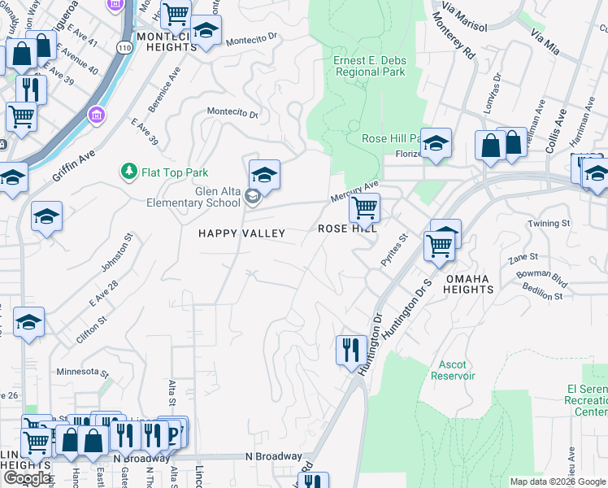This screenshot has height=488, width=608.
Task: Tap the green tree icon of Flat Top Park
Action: [128, 172]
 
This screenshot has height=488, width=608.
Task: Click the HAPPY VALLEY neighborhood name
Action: [242, 233]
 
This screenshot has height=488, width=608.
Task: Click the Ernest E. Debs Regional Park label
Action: [369, 66]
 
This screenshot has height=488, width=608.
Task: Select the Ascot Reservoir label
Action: [452, 370]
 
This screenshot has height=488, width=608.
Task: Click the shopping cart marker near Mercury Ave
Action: [364, 208]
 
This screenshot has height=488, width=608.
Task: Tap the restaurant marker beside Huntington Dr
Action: [350, 350]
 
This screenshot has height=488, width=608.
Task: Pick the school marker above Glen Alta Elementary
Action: [264, 174]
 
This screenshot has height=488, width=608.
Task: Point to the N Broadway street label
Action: [274, 456]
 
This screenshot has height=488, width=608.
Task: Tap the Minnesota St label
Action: [82, 372]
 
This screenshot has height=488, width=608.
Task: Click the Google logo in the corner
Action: [27, 478]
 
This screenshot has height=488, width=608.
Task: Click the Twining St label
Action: [549, 223]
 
